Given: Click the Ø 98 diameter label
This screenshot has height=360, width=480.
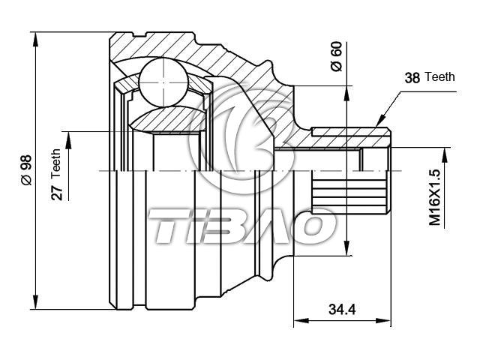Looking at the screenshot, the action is [x=27, y=170].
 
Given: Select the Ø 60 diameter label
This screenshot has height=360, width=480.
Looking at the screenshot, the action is [x=337, y=57].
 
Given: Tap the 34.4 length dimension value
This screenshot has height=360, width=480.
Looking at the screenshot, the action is [x=342, y=310].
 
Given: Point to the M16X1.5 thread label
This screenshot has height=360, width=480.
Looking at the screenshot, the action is [x=434, y=197].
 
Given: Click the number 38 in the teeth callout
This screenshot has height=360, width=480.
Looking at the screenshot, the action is [x=412, y=78].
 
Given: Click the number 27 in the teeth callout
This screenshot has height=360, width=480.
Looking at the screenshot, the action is [x=57, y=193].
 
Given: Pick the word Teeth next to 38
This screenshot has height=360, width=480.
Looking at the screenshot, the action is [x=440, y=76].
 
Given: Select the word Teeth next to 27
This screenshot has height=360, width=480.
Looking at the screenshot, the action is [x=56, y=163].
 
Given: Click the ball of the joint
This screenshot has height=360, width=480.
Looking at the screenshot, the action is [x=163, y=82].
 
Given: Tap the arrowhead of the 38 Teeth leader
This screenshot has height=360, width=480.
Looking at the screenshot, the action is [x=381, y=121].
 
